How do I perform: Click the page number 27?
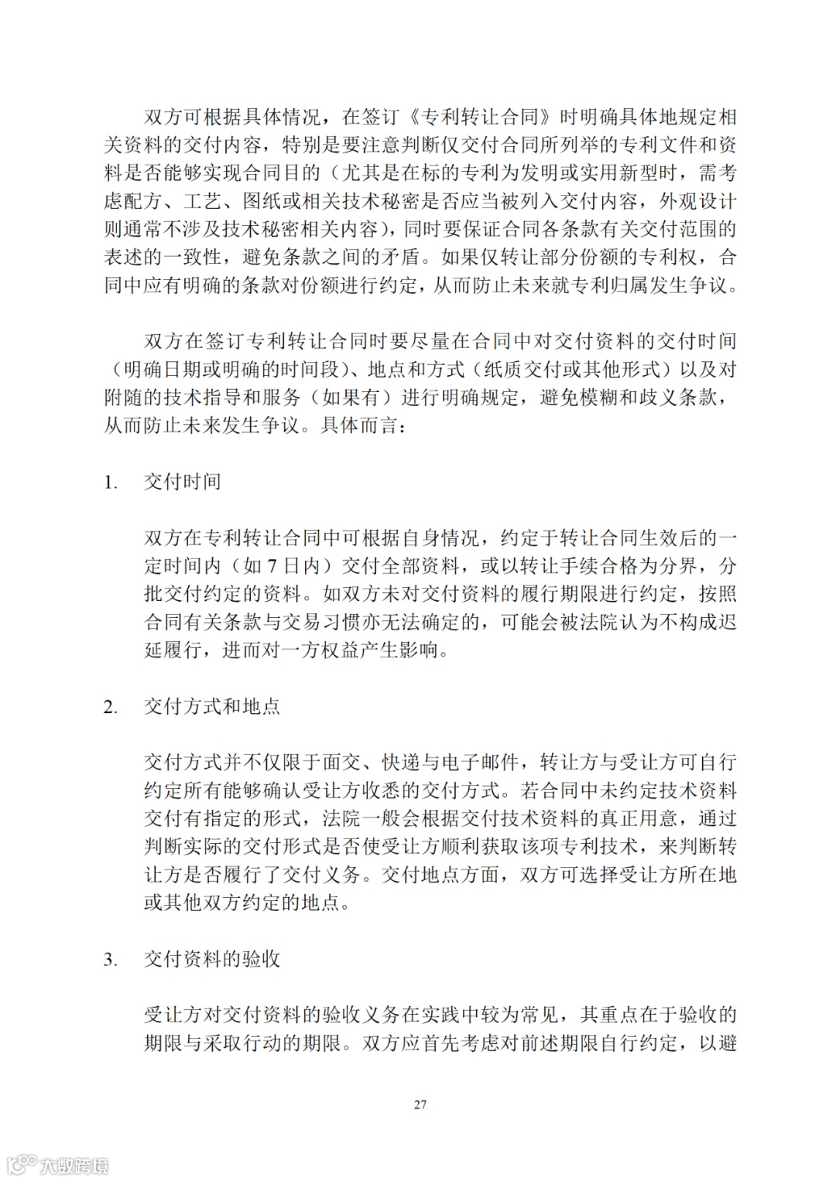[420, 1104]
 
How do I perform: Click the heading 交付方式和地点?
[212, 707]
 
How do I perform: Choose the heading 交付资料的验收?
[212, 960]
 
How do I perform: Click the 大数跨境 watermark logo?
[58, 1164]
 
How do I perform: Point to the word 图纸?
[261, 201]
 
